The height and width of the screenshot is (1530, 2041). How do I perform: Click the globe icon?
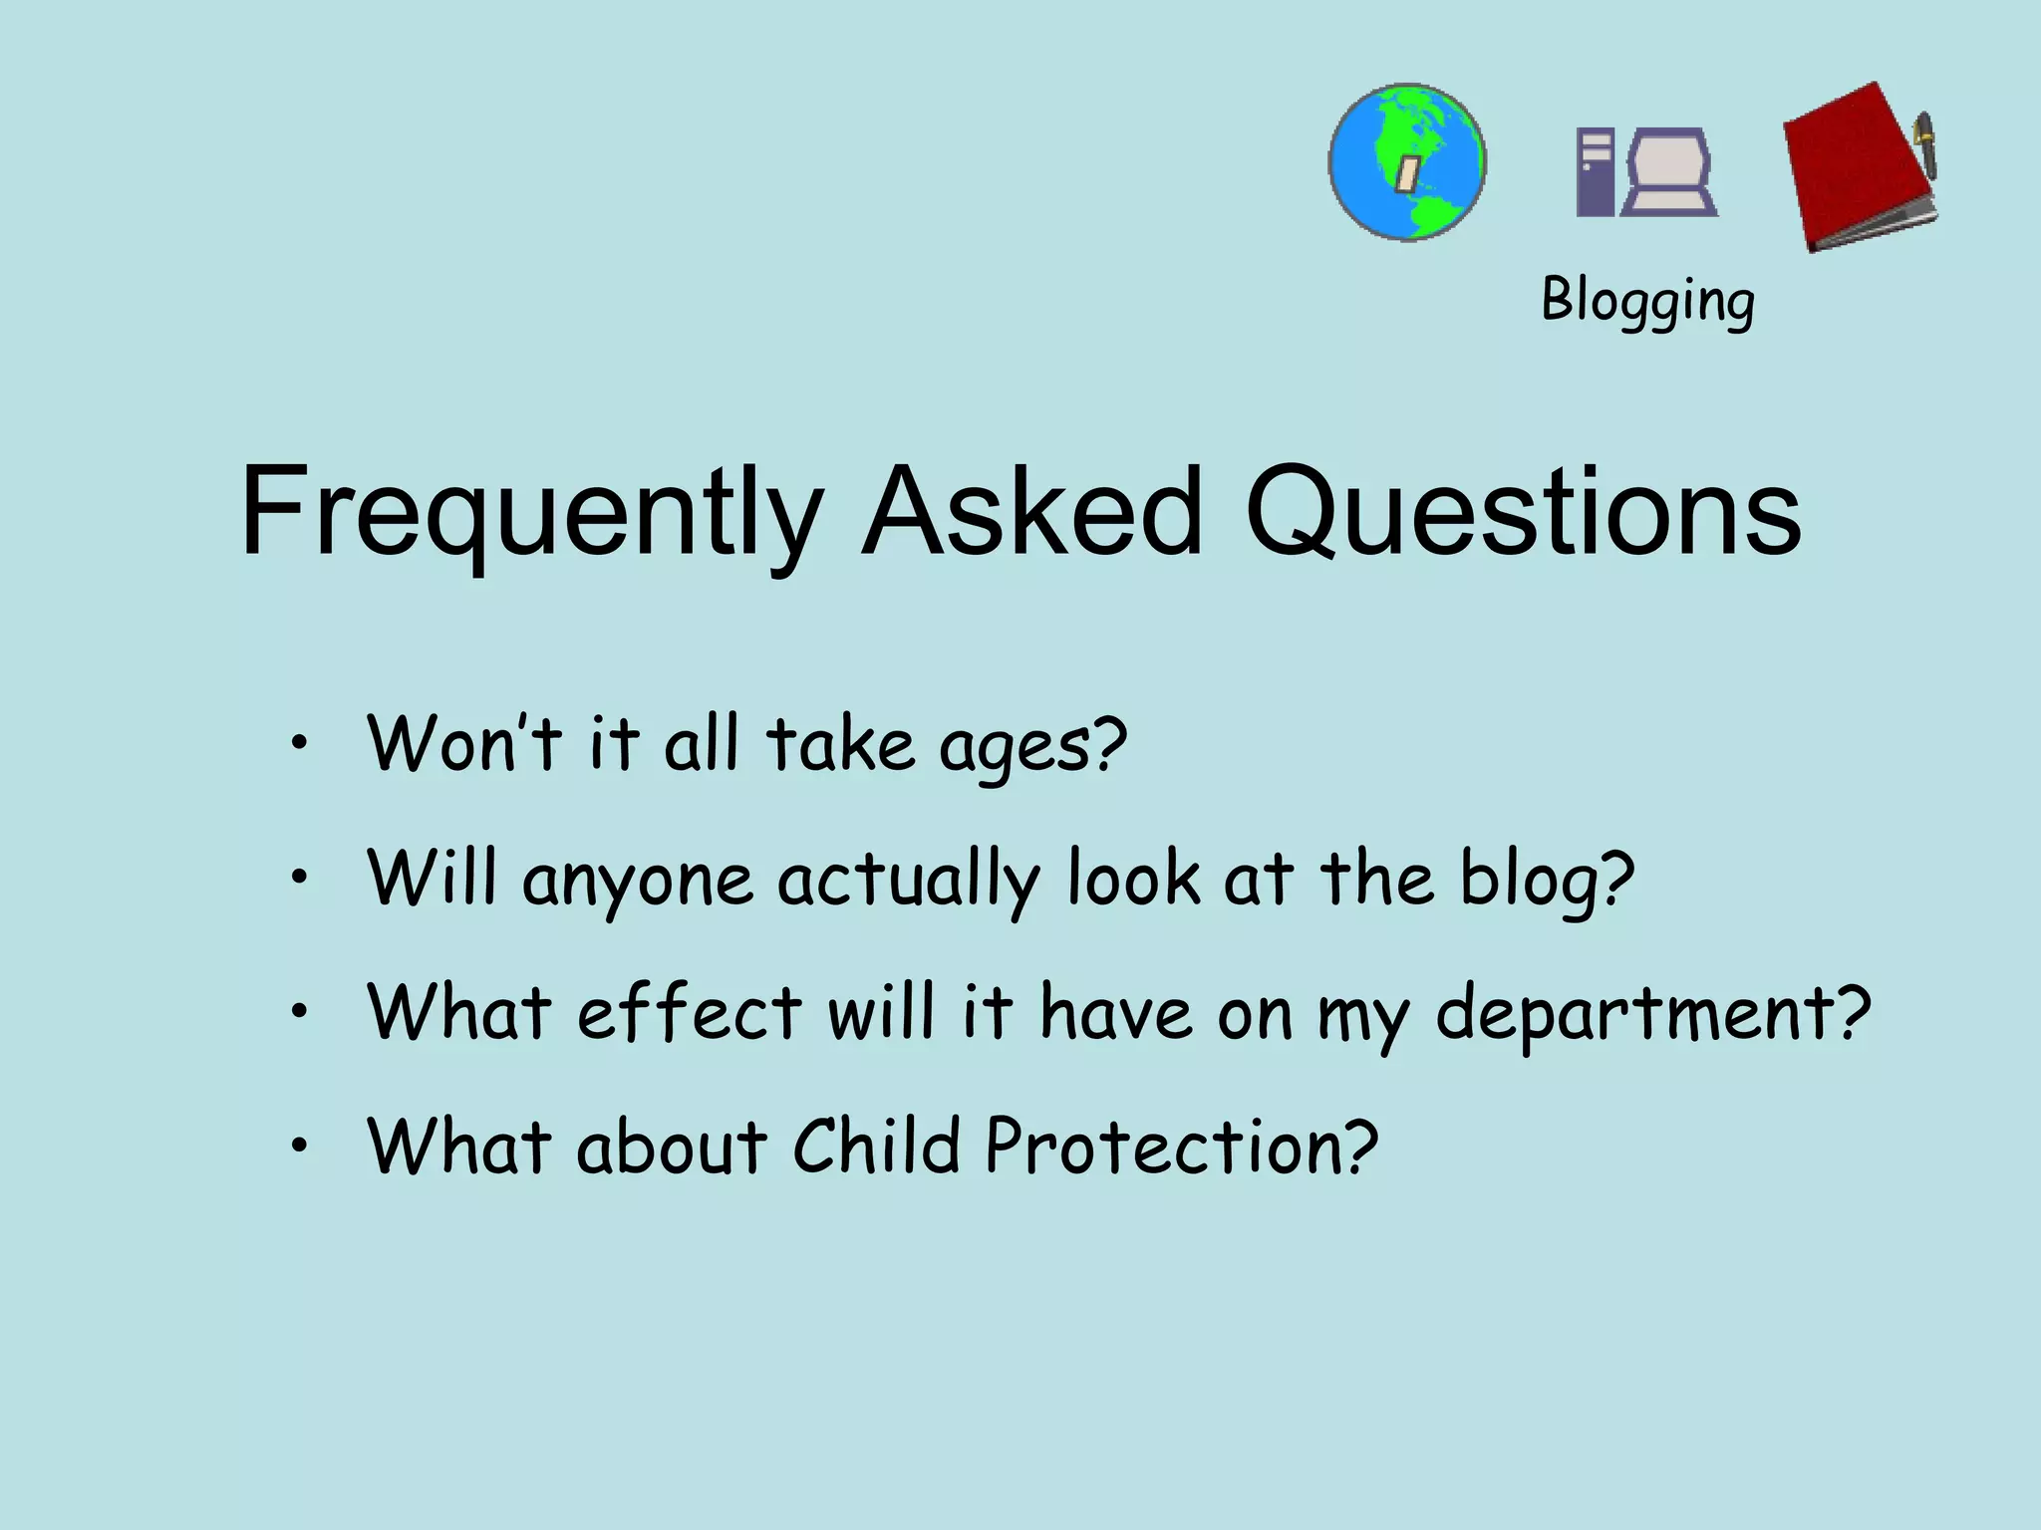(x=1407, y=162)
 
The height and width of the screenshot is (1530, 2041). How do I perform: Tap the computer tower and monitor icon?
(x=1646, y=172)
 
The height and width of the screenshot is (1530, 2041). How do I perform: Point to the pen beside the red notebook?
(x=1924, y=145)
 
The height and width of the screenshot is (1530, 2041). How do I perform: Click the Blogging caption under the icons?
(x=1647, y=300)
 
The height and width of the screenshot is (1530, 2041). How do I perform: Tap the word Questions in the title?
(x=1522, y=512)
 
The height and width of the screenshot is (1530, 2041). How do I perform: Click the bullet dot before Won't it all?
(x=298, y=743)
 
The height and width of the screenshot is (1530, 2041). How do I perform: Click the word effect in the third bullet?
(x=689, y=1012)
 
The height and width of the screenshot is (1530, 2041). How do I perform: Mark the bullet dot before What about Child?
(x=298, y=1147)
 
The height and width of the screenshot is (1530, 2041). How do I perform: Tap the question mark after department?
(x=1853, y=1010)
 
